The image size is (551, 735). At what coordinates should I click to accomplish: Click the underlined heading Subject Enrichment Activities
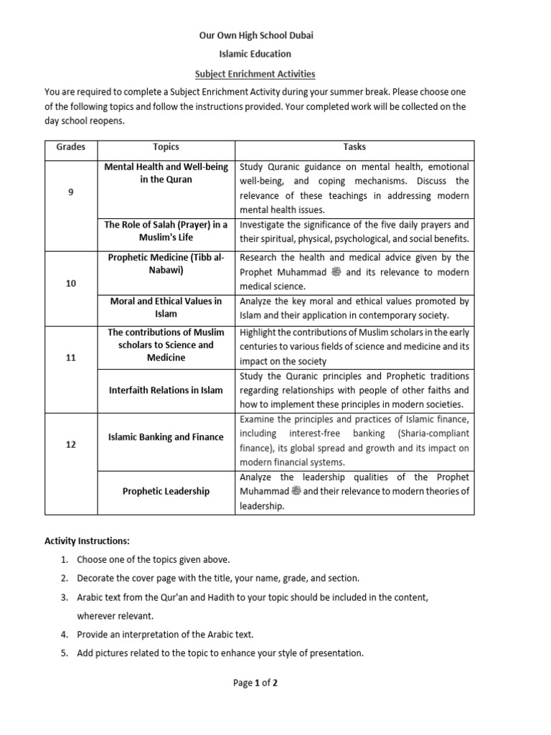click(255, 74)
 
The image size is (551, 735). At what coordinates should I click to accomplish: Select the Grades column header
click(71, 147)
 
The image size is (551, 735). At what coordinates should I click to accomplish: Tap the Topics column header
click(166, 147)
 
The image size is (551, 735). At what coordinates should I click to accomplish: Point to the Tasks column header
click(354, 147)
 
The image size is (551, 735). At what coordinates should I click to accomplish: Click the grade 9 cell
click(71, 192)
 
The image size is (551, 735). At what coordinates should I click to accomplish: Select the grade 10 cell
click(71, 284)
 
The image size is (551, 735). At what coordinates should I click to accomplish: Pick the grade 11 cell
click(71, 357)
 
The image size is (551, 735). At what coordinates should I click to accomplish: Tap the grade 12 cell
click(71, 445)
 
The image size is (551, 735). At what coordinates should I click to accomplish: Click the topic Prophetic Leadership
click(166, 491)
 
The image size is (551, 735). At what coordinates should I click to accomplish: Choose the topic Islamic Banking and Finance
click(166, 436)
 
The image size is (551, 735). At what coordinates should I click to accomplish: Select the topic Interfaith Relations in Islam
click(166, 390)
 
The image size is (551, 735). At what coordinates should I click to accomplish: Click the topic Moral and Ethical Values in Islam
click(166, 307)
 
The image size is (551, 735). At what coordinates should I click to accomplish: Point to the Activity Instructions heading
click(87, 540)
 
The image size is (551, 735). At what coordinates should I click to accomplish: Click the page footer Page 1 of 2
click(255, 683)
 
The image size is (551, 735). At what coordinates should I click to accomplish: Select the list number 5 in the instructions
click(64, 653)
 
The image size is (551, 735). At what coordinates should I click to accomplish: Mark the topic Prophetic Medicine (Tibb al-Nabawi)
click(166, 263)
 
